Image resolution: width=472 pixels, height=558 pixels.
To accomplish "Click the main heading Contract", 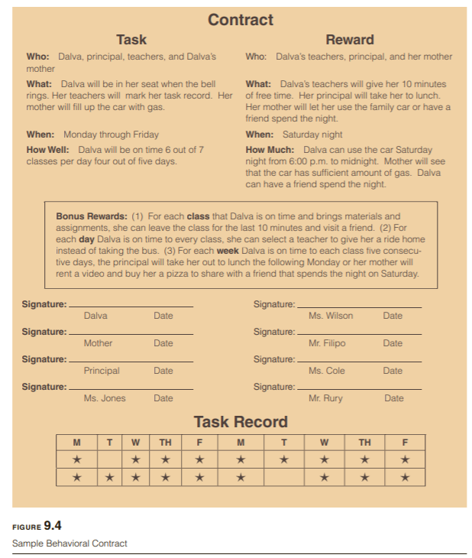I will [241, 20].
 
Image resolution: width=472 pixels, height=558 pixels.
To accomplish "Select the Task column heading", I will [131, 40].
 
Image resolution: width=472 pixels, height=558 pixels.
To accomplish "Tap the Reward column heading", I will [350, 40].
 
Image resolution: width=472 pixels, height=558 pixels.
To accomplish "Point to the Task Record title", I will [241, 421].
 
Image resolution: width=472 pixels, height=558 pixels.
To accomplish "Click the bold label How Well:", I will [50, 150].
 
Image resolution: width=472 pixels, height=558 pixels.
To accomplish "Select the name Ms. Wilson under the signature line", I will [331, 316].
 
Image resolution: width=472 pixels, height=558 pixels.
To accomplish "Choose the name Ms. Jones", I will [105, 398].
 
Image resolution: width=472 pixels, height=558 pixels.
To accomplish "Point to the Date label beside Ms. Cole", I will [393, 371].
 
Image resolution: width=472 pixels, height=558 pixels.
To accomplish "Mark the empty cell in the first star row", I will [110, 459].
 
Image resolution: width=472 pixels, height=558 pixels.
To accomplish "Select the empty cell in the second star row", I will [284, 477].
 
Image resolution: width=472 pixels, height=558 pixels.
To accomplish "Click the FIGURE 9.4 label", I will [37, 525].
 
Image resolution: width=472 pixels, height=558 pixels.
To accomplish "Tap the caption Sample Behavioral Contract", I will [70, 543].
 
